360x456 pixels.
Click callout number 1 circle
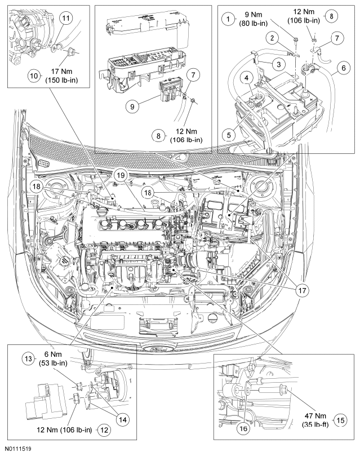coord(228,19)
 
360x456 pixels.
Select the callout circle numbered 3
coord(279,64)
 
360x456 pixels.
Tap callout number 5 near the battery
coord(229,135)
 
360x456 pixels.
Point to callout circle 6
coord(344,68)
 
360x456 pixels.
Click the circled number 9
coord(132,107)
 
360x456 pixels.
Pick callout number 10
coord(34,76)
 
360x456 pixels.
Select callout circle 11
coord(66,19)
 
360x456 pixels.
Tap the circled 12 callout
coord(104,430)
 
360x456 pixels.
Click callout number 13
coord(29,359)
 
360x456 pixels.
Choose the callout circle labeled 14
coord(123,420)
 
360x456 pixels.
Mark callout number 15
coord(340,420)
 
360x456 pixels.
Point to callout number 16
coord(243,428)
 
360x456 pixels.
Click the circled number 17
coord(302,290)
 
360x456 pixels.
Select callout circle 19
coord(121,175)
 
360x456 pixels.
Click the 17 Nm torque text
coord(61,72)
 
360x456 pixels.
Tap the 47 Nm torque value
coord(315,416)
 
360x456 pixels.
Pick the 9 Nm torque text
coord(253,15)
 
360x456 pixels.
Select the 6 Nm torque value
coord(54,355)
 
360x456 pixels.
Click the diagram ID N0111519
coord(17,449)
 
